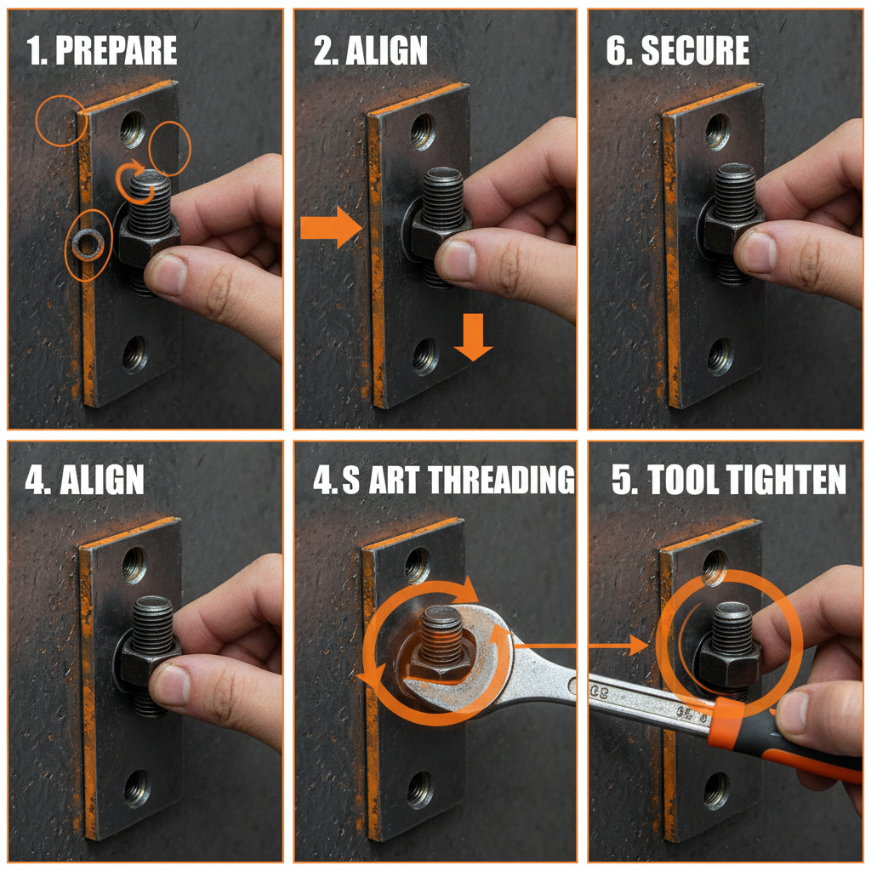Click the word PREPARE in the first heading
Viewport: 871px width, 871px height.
(x=116, y=51)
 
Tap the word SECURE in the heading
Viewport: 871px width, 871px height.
(x=694, y=51)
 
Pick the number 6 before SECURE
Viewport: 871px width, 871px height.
(x=615, y=51)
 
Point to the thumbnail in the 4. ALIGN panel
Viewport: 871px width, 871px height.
(x=170, y=685)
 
